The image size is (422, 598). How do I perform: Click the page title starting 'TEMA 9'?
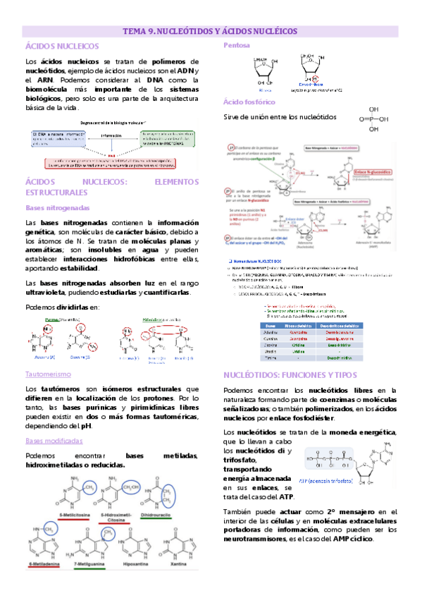click(210, 31)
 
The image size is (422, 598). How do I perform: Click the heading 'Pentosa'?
click(235, 46)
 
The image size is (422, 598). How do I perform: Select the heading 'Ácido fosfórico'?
click(245, 102)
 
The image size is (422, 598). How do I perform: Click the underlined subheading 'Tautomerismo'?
click(47, 374)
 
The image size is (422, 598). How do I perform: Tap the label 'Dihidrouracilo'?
click(161, 515)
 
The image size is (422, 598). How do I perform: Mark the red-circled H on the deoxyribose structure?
click(316, 78)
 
